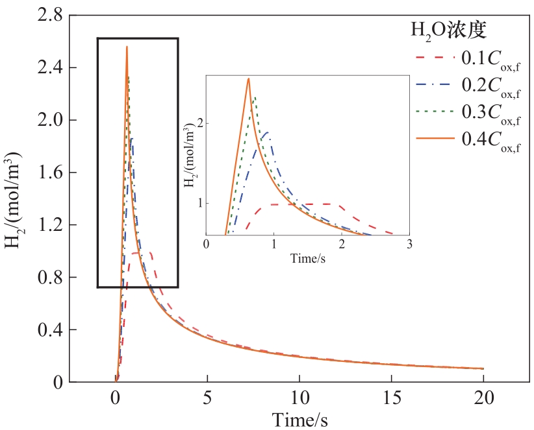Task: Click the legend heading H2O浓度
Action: (x=449, y=29)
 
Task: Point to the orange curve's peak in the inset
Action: (x=248, y=78)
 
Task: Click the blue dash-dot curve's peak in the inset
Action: (x=266, y=132)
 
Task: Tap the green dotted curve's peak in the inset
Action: (x=255, y=97)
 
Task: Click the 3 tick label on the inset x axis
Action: (x=409, y=245)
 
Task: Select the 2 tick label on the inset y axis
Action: (x=199, y=123)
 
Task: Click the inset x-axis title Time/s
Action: (x=307, y=259)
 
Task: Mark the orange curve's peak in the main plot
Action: (x=127, y=47)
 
